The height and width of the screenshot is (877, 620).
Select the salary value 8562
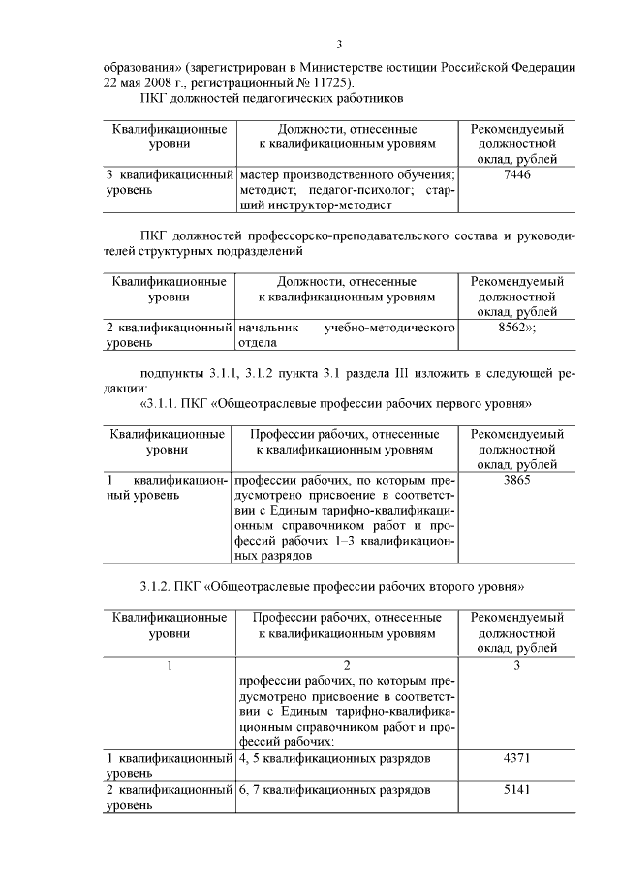pos(515,329)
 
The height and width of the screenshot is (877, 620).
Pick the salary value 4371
pos(517,757)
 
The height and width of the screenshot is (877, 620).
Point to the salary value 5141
pos(517,790)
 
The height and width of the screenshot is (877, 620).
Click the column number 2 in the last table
pos(346,666)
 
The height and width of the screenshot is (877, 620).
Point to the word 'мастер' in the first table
pos(261,174)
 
